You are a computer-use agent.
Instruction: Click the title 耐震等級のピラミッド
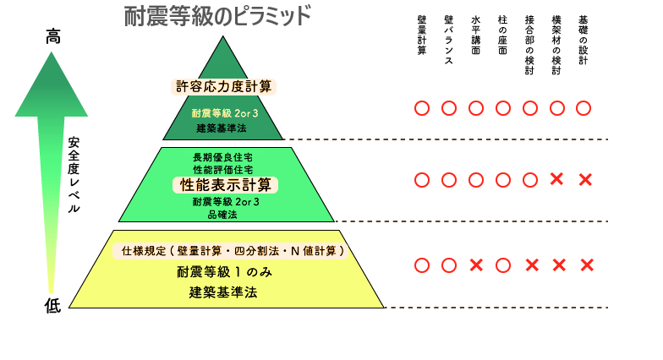tap(217, 16)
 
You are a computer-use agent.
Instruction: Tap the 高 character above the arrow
tap(52, 36)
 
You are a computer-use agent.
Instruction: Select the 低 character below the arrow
tap(52, 305)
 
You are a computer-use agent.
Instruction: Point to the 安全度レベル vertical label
tap(74, 174)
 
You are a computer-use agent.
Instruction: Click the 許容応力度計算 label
tap(223, 86)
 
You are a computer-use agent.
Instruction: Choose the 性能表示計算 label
tap(225, 185)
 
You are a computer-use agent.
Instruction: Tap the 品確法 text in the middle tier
tap(222, 215)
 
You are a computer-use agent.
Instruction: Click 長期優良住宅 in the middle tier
tap(223, 157)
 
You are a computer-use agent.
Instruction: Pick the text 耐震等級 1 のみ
tap(225, 272)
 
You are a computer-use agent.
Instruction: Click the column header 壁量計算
tap(421, 35)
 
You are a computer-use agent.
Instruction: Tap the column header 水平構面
tap(475, 35)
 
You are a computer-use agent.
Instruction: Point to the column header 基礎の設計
tap(584, 41)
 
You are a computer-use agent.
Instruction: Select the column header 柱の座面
tap(502, 35)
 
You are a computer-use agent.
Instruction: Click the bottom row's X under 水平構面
tap(476, 265)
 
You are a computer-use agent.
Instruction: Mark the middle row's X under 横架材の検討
tap(556, 179)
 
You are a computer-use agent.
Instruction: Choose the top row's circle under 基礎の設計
tap(584, 108)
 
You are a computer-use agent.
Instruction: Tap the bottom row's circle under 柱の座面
tap(503, 265)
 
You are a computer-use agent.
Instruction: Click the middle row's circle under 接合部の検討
tap(530, 180)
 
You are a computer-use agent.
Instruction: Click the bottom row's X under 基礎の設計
tap(587, 265)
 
